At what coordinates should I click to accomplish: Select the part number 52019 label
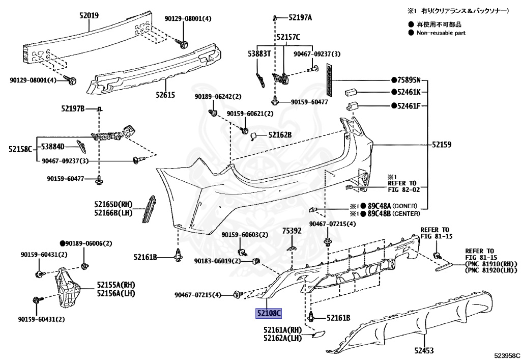point(89,16)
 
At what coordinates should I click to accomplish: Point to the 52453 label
point(424,350)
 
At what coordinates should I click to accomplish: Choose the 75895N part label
point(409,80)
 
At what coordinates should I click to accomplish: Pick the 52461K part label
point(409,92)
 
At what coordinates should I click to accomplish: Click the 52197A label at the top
point(300,18)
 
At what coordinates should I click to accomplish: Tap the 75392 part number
point(292,231)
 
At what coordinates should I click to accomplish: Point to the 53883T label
point(259,53)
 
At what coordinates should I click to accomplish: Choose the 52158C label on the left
point(20,149)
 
